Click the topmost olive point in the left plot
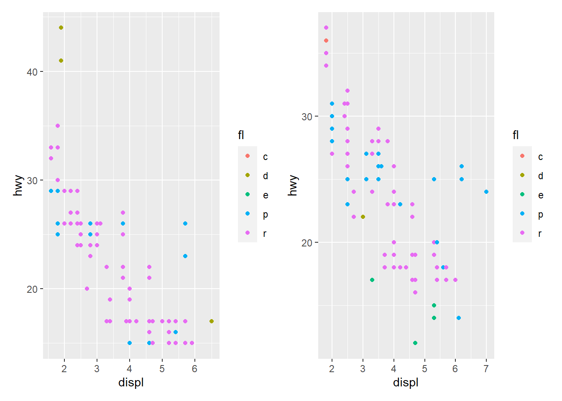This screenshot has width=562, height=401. tap(61, 28)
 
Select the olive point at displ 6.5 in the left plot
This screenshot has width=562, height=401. tap(212, 321)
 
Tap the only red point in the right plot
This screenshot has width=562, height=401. tap(326, 41)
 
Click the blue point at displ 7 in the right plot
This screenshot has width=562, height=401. tap(486, 192)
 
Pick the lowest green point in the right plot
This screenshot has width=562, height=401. tap(415, 343)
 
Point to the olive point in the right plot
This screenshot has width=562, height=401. tap(363, 217)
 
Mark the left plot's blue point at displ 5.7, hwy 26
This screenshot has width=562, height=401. tap(185, 223)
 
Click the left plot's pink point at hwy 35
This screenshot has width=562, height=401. tap(58, 126)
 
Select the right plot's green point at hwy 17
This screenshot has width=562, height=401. tap(372, 280)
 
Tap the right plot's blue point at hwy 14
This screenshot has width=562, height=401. tap(459, 318)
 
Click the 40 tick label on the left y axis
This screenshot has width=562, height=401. tap(32, 72)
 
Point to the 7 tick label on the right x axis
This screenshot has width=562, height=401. tap(486, 369)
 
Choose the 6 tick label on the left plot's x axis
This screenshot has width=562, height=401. tap(195, 369)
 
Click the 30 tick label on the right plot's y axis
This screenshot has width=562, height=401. tap(307, 117)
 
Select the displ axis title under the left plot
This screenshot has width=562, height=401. tap(131, 382)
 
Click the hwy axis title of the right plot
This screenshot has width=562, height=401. tap(293, 185)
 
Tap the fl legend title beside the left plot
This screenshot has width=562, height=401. tap(241, 135)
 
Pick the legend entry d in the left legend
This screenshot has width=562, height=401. tap(265, 176)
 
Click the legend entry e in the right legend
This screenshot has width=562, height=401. tap(540, 195)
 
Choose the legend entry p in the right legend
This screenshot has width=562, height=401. tap(540, 214)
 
